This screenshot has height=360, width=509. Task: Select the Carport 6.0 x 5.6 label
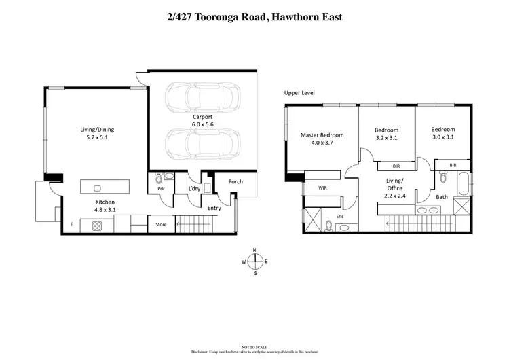(x=203, y=120)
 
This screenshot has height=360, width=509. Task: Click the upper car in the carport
(x=203, y=97)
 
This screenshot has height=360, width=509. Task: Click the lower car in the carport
(x=203, y=143)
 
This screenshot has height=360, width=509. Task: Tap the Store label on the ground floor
(x=161, y=224)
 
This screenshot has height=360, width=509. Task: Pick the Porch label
(x=235, y=181)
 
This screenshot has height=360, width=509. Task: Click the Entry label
(x=214, y=208)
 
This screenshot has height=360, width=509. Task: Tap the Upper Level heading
(x=300, y=93)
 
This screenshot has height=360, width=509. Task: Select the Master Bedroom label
(x=322, y=139)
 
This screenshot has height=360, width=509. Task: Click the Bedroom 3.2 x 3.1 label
(x=386, y=133)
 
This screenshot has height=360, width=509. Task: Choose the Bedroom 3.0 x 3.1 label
(x=442, y=133)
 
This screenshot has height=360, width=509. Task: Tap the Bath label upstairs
(x=442, y=197)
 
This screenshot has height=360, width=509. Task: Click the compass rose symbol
(x=254, y=262)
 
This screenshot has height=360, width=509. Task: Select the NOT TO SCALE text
(x=254, y=346)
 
